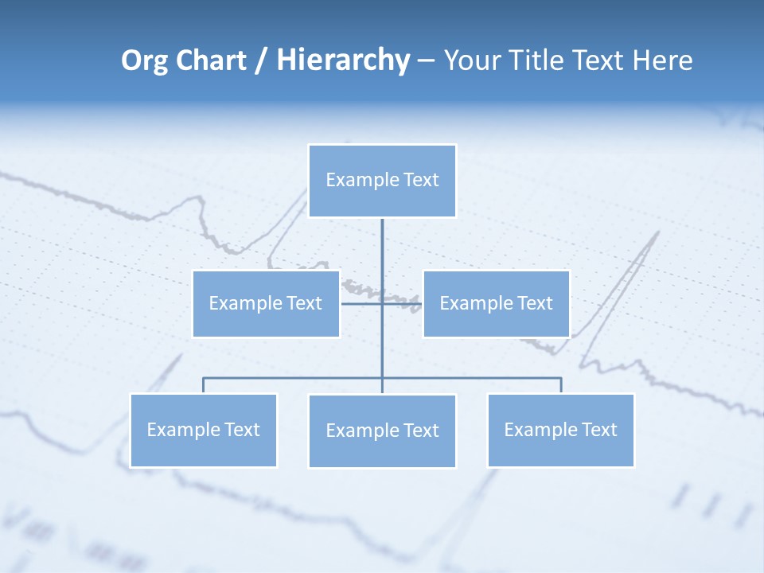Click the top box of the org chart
coord(382,181)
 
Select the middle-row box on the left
coord(266,303)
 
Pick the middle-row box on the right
coord(496,303)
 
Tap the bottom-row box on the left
coord(203,430)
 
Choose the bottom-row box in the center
coord(382,431)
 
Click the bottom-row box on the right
coord(560,430)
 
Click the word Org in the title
coord(144,60)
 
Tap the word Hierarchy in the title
coord(343,60)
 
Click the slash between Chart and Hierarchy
coord(261,61)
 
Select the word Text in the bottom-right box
coord(599,430)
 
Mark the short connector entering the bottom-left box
coord(203,385)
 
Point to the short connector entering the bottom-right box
coord(561,385)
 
